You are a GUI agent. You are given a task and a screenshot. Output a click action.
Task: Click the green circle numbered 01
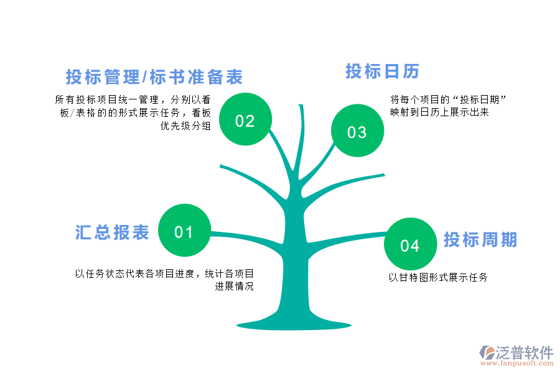[184, 231]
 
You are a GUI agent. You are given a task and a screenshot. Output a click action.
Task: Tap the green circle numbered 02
[245, 119]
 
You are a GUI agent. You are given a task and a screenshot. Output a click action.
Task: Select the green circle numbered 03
[357, 131]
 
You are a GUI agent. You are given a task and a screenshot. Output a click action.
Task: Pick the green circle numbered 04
[409, 244]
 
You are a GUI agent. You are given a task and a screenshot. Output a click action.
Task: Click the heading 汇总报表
[113, 233]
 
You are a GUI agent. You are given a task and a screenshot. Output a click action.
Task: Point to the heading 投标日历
[383, 71]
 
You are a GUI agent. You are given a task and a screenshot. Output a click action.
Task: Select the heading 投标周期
[480, 239]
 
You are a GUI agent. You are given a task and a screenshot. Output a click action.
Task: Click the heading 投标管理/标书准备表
[154, 77]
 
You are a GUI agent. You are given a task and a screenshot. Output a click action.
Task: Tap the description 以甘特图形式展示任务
[438, 277]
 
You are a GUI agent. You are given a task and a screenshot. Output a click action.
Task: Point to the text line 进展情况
[235, 287]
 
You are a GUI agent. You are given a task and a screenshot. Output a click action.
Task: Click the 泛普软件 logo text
[525, 352]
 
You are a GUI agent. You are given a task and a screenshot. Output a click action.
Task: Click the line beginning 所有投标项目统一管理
[133, 99]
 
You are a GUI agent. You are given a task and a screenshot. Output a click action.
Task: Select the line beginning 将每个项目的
[447, 99]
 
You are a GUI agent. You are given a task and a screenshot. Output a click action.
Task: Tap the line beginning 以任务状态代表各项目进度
[164, 274]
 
